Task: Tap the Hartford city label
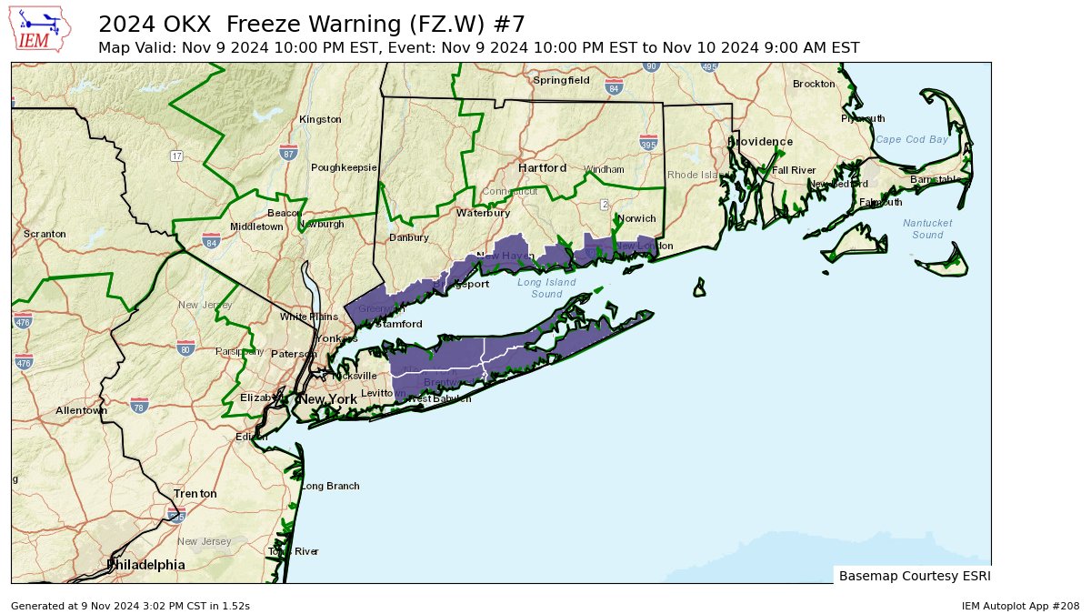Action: tap(543, 168)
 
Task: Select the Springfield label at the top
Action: tap(561, 80)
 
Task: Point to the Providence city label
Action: tap(760, 142)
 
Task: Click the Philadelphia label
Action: tap(145, 565)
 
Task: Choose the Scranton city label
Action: tap(45, 234)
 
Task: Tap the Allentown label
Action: tap(81, 410)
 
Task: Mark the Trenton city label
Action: tap(195, 494)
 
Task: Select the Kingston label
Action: tap(320, 119)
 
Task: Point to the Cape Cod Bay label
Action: tap(912, 139)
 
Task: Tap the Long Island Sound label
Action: tap(546, 288)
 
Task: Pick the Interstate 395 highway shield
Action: tap(648, 144)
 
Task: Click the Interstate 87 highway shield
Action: tap(288, 153)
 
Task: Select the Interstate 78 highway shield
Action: tap(139, 405)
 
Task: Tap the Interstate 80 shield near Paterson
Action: tap(186, 348)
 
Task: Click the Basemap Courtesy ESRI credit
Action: tap(914, 576)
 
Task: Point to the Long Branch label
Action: tap(330, 486)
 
